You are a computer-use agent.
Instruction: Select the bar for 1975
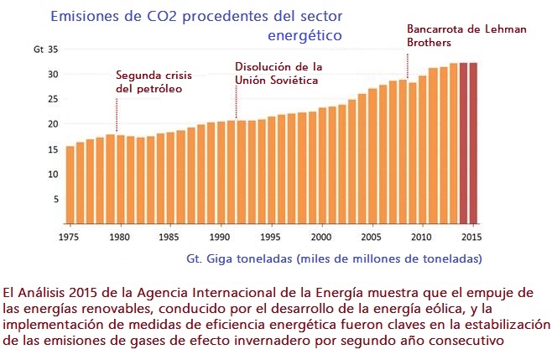pos(70,185)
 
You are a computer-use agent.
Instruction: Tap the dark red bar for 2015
pos(473,143)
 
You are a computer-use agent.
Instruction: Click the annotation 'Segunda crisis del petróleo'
pos(148,81)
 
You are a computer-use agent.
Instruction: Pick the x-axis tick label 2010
pos(423,237)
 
